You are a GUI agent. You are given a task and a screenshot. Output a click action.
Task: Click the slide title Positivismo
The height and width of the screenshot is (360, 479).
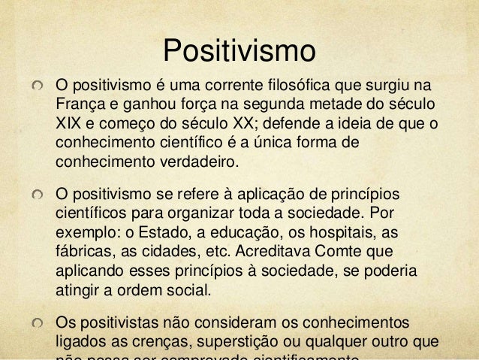239,50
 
